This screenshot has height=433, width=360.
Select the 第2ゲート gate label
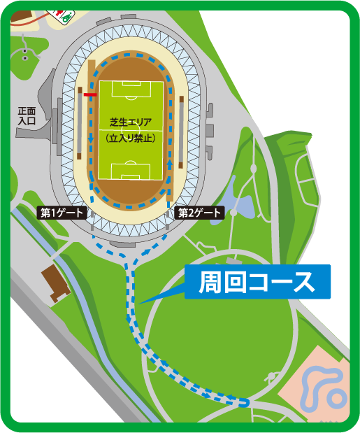[199, 213]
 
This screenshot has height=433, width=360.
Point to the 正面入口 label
[27, 115]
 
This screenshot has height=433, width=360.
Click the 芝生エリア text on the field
[131, 122]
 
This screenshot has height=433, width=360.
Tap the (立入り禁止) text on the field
[131, 138]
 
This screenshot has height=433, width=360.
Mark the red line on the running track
[89, 94]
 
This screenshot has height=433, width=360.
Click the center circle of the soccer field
[131, 130]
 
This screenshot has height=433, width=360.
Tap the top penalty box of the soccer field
[131, 89]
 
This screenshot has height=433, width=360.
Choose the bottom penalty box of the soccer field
[131, 171]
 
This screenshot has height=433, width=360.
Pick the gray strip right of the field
[182, 133]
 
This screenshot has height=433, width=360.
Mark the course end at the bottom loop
[245, 402]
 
